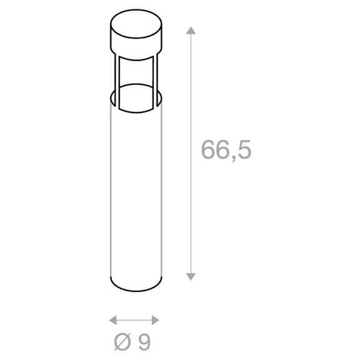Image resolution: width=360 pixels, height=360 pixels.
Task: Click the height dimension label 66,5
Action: [226, 151]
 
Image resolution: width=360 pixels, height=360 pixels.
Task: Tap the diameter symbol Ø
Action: [122, 342]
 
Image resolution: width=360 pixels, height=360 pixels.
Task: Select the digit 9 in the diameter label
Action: [144, 342]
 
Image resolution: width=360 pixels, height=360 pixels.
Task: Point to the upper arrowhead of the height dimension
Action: [191, 31]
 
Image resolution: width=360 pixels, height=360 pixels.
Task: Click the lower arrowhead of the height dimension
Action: [191, 277]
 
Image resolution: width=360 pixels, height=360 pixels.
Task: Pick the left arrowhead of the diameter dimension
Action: [112, 320]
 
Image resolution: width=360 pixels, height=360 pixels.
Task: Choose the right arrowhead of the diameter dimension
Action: [156, 320]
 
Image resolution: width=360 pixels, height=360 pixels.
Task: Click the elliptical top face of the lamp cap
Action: [136, 24]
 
